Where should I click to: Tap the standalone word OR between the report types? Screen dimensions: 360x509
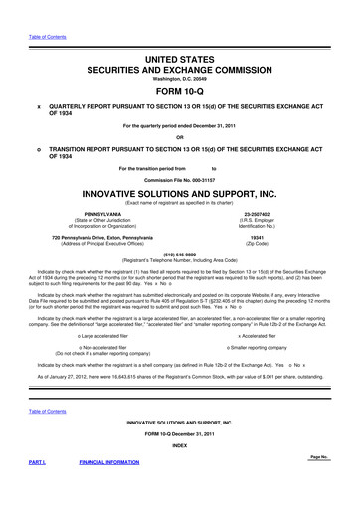click(180, 137)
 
